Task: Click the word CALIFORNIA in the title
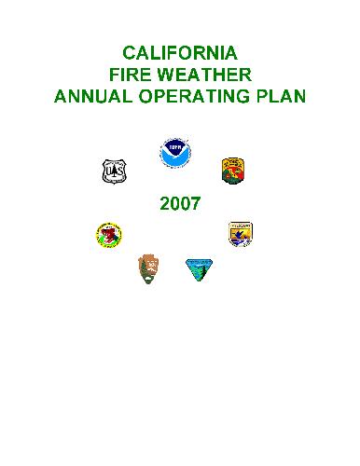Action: (x=180, y=51)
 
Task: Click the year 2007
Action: (x=179, y=204)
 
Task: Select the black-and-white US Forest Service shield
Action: (x=114, y=171)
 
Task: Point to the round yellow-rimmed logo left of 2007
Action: (x=109, y=234)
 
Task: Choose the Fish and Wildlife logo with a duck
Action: (x=241, y=234)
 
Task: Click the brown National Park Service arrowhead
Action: (x=147, y=269)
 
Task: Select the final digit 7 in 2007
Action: (x=194, y=204)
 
